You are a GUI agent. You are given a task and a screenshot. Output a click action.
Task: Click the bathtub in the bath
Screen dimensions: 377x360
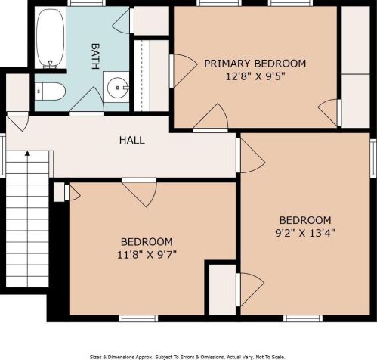point(50,38)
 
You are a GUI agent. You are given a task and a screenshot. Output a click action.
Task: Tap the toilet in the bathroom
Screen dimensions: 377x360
point(50,92)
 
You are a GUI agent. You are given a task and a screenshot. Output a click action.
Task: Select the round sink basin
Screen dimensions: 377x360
point(117,87)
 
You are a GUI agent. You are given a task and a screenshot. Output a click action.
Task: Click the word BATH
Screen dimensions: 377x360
point(95,56)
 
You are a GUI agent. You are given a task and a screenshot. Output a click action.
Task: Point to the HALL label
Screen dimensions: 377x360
point(132,140)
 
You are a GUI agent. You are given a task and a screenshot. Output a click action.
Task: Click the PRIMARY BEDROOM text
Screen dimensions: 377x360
point(255,64)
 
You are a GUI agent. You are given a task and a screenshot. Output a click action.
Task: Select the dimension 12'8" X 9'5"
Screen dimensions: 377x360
point(255,76)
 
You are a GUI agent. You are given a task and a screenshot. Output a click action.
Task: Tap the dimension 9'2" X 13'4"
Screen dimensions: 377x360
point(305,233)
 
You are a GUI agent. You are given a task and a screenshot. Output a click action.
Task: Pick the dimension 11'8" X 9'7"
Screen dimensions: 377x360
point(147,254)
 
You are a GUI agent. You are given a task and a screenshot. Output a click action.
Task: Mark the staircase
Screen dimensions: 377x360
point(27,219)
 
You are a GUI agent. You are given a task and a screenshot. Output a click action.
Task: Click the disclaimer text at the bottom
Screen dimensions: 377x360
point(187,357)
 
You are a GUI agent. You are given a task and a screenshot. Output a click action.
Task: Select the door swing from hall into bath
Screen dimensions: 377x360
point(86,101)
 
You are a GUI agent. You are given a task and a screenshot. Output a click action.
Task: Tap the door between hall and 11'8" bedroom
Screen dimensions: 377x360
point(139,192)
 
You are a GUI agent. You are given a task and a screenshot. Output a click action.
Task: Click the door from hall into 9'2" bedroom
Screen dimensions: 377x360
point(250,156)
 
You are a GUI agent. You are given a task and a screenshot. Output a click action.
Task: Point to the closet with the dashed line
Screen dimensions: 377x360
point(151,76)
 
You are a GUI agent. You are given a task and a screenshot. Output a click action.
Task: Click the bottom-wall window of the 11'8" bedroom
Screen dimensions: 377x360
point(138,318)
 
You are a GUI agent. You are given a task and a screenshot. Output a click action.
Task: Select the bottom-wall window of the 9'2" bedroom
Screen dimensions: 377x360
point(303,318)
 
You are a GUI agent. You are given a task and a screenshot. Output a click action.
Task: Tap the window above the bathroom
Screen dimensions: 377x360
point(86,3)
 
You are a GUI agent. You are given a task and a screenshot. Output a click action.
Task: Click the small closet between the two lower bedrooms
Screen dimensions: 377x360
point(222,290)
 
